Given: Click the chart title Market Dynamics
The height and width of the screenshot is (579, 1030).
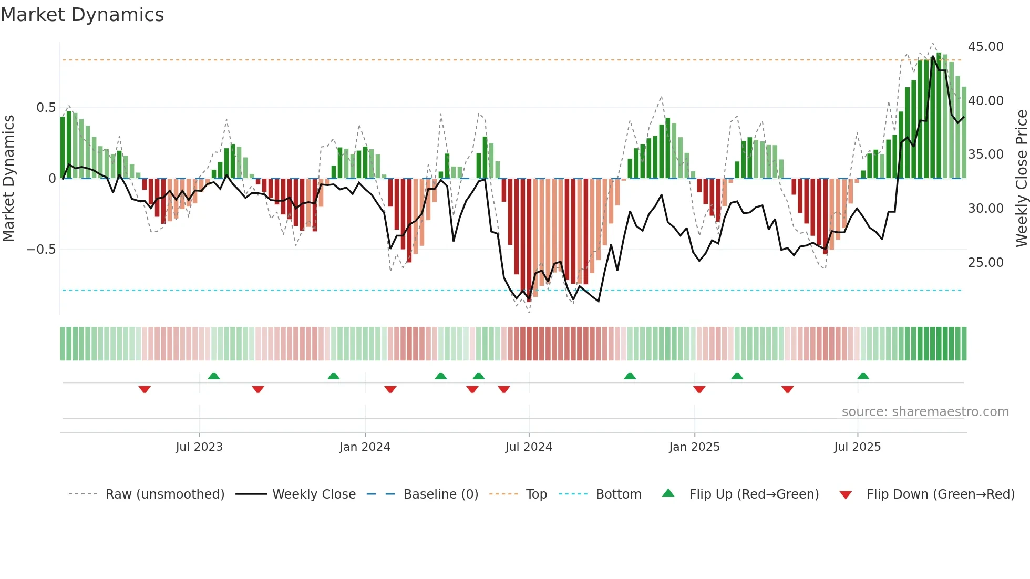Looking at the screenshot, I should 82,15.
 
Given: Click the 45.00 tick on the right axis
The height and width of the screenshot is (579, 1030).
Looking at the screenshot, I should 985,47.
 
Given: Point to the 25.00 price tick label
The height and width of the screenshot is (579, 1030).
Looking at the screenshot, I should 985,262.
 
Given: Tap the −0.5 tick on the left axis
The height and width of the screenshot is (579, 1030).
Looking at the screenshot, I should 41,250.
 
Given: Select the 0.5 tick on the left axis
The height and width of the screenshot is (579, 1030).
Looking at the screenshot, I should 46,108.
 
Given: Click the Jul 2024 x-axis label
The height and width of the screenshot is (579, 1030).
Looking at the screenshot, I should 529,447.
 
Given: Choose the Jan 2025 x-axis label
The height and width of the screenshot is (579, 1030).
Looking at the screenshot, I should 694,447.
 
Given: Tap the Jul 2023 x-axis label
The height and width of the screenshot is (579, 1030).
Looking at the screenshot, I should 199,447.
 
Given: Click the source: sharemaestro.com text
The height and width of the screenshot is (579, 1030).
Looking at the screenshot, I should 925,412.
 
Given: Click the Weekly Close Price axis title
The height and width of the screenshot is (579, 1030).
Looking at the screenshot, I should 1021,179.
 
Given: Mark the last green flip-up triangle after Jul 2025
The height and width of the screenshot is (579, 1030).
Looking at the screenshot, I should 863,376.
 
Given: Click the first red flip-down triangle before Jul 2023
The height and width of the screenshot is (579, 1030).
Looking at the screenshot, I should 145,389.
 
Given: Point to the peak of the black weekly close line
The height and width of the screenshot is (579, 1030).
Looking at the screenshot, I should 933,56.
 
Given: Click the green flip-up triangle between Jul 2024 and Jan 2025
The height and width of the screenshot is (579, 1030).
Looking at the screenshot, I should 630,376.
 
